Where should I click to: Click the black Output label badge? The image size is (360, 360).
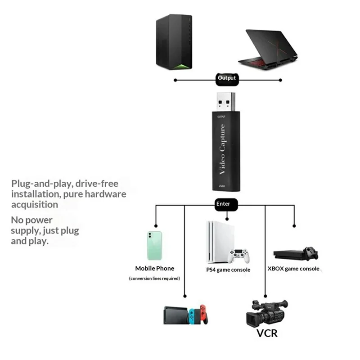coord(227,78)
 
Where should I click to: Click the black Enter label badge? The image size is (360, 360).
coord(223,204)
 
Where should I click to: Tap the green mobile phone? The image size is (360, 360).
coord(154,246)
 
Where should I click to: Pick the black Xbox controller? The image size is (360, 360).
coord(310,252)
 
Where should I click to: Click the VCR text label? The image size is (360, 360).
coord(267,333)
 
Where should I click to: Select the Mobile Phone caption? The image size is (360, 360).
coord(154,268)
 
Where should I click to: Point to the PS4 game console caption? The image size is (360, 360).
coord(228,270)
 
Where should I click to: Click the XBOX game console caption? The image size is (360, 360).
coord(293,269)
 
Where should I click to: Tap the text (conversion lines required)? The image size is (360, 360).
coord(154,279)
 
